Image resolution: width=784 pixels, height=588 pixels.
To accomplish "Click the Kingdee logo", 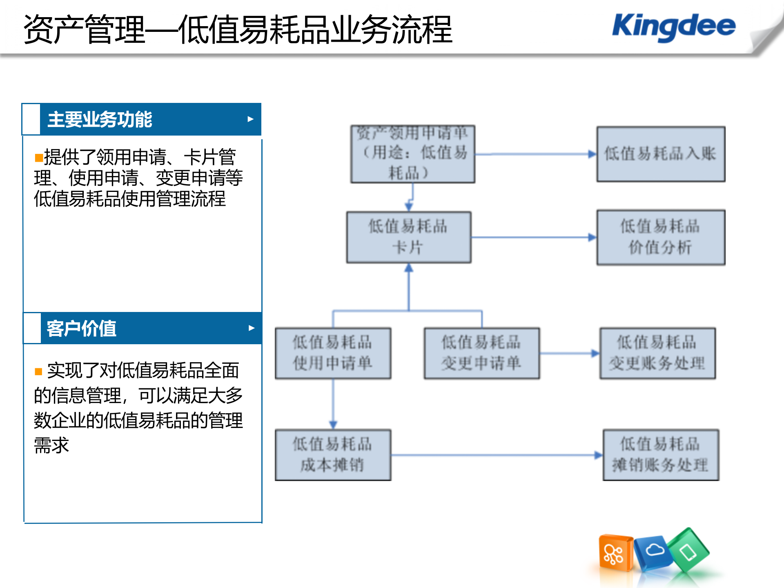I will [x=674, y=27].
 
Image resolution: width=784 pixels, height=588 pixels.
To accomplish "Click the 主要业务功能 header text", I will [x=100, y=120].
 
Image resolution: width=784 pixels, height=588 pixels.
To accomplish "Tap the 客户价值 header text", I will [x=81, y=329].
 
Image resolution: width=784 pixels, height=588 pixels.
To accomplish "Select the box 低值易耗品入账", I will [x=661, y=154].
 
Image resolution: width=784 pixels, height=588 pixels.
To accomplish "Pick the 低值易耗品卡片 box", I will [x=408, y=237].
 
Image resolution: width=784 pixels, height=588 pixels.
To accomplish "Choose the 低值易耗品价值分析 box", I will [x=661, y=237].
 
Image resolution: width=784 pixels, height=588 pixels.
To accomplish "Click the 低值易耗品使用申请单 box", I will [x=333, y=353].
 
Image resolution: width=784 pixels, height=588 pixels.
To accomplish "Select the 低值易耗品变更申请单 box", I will [x=481, y=353].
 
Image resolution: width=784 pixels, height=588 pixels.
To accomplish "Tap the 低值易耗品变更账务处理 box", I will [x=657, y=353].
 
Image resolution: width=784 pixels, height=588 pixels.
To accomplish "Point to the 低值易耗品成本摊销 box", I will [x=333, y=454].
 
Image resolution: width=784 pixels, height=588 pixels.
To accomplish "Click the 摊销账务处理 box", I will [x=661, y=454].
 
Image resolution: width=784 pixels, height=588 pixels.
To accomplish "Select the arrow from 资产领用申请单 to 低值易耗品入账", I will [x=535, y=154].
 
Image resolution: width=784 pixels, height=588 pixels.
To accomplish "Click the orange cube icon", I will [x=615, y=553].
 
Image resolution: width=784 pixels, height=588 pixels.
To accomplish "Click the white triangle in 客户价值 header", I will [x=252, y=328].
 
